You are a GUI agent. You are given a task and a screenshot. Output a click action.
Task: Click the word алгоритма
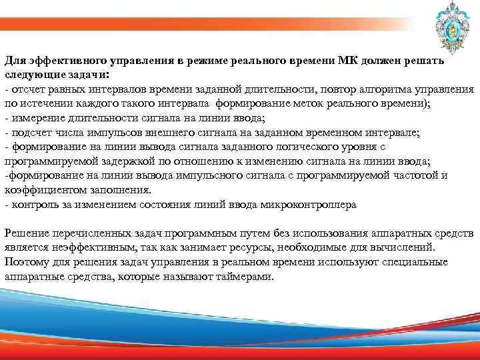387,90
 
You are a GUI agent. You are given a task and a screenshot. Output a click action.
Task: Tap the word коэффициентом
41,191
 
